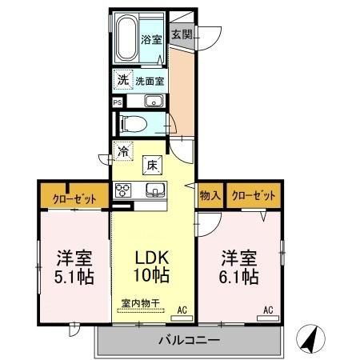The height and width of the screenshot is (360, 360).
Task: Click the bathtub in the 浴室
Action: click(128, 38)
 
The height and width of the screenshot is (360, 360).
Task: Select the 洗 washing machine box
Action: click(122, 79)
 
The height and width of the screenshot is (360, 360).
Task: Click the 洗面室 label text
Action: click(149, 80)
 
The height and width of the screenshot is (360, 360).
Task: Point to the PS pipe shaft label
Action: click(117, 102)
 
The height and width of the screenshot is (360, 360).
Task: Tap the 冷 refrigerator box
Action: click(123, 149)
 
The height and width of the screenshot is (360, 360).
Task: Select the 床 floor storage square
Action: click(151, 165)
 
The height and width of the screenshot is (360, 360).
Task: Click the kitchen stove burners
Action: click(123, 190)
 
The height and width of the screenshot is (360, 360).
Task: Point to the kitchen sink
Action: click(155, 190)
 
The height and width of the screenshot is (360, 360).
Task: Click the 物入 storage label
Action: click(210, 194)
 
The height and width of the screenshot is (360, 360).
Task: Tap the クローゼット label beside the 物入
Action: click(255, 194)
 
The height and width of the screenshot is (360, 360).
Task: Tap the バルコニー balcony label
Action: click(190, 341)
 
